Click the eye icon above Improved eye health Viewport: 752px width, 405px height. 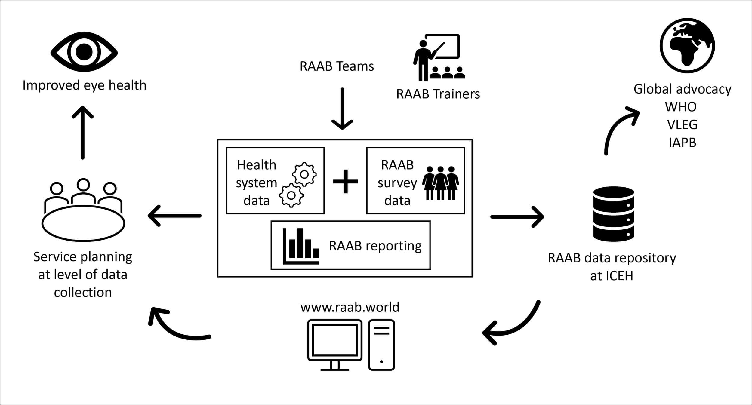tap(84, 52)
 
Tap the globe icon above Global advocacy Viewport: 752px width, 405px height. tap(687, 45)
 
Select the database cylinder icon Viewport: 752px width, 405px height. tap(613, 214)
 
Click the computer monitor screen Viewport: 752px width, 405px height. tap(334, 340)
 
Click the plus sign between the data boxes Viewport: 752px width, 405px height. tap(345, 181)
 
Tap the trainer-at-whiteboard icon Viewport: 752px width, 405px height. tap(439, 57)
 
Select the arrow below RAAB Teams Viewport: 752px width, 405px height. tap(342, 109)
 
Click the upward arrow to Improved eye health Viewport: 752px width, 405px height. tap(83, 132)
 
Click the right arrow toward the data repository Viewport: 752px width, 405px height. tap(517, 216)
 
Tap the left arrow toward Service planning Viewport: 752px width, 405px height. tap(174, 216)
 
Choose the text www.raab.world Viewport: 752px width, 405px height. tap(350, 307)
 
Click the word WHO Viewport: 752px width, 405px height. tap(681, 107)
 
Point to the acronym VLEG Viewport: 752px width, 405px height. tap(682, 124)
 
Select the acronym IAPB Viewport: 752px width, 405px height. tap(682, 142)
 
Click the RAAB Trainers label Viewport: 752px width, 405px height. tap(438, 94)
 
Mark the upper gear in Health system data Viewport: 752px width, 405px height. tap(304, 174)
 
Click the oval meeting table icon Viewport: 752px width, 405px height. tap(83, 223)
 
